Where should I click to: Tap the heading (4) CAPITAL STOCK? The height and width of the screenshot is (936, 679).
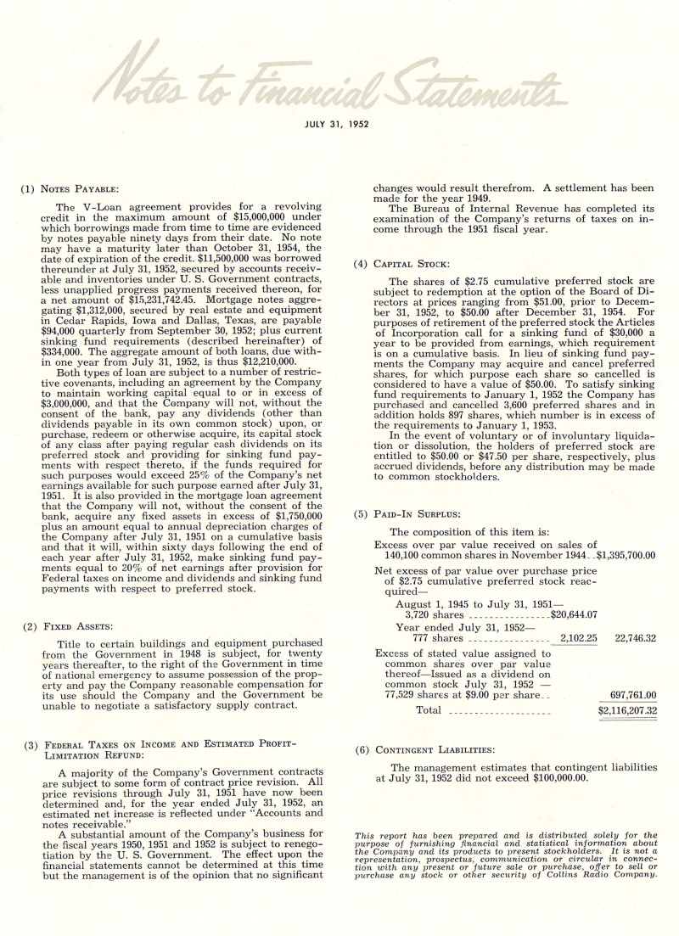pyautogui.click(x=401, y=264)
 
